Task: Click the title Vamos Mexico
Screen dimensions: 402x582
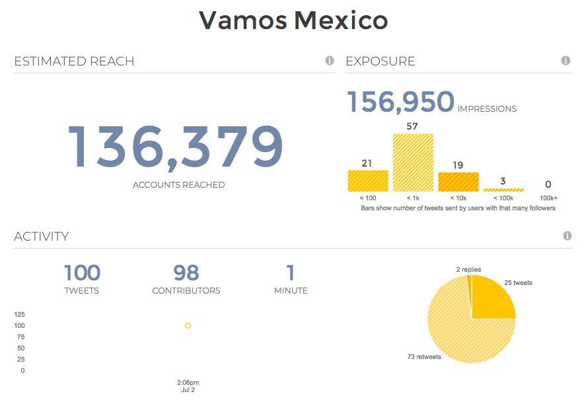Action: point(293,20)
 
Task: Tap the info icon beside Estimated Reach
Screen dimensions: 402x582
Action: point(330,61)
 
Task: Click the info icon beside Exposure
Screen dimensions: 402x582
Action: point(565,61)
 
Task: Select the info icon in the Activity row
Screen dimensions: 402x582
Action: point(567,236)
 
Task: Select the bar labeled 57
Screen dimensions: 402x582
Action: point(413,163)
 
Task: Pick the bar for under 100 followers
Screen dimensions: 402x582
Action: point(368,181)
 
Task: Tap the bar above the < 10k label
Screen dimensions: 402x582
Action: point(458,182)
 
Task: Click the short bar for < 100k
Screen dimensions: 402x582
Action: point(503,190)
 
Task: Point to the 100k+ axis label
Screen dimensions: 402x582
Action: point(548,198)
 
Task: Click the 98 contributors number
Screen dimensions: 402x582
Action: point(186,272)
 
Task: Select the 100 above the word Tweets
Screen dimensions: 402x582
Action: point(82,272)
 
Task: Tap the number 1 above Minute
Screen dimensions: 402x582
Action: point(291,272)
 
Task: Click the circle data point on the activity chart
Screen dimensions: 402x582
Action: point(188,325)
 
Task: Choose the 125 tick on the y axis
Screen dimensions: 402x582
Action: point(19,314)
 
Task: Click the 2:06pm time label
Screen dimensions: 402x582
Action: point(188,382)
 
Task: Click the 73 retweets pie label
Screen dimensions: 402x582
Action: point(424,357)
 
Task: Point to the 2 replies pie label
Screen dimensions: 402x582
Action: point(468,270)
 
